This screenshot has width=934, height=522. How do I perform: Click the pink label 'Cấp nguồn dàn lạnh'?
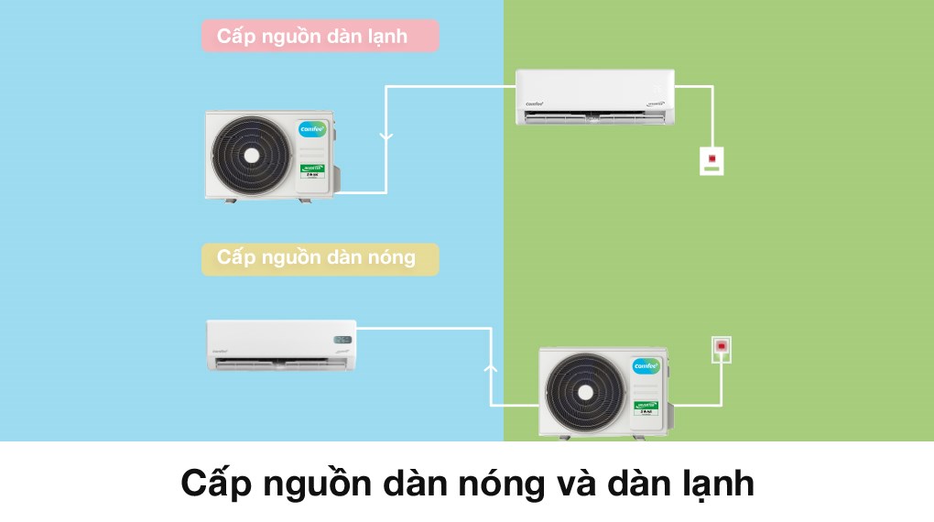320,37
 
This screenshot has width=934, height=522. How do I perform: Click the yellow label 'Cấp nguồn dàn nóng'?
320,258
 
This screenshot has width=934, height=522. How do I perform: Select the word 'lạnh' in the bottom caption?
710,484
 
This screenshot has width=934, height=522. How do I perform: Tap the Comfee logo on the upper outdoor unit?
313,129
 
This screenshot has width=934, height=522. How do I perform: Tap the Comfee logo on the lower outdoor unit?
646,366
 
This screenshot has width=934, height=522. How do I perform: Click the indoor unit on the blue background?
281,344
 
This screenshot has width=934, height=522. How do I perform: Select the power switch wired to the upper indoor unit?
711,160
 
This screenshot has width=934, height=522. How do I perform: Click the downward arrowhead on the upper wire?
386,137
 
